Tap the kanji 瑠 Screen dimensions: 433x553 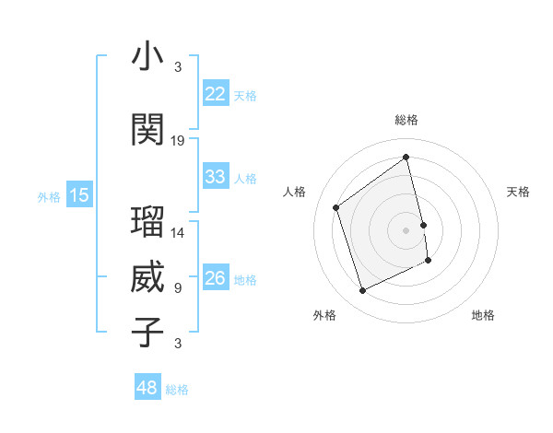coord(148,223)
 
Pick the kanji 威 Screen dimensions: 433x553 coord(148,277)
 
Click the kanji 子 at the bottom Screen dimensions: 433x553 coord(148,332)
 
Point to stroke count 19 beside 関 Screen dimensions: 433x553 coord(178,141)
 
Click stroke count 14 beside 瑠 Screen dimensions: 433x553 coord(178,233)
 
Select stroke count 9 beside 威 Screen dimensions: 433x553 coord(178,288)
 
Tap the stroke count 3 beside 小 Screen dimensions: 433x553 coord(178,67)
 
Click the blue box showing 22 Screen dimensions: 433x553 coord(216,94)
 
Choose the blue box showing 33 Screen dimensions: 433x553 coord(216,177)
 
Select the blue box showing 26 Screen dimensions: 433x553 coord(216,278)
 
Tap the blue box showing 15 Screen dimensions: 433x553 coord(79,195)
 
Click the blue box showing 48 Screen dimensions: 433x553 coord(147,389)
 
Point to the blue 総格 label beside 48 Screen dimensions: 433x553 coord(177,390)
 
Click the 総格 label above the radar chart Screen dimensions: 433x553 coord(406,120)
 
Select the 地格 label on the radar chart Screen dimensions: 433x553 coord(483,315)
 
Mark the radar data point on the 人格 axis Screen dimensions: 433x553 coord(336,207)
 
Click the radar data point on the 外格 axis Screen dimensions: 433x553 coord(362,291)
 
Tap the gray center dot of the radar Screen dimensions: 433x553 coord(406,229)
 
